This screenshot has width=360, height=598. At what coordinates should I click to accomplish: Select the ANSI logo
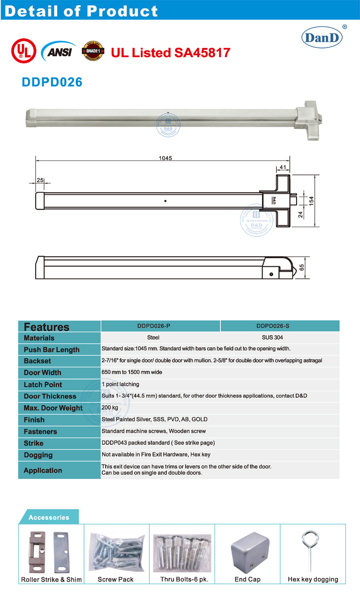tap(57, 50)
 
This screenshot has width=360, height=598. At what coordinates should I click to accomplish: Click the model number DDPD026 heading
tap(52, 82)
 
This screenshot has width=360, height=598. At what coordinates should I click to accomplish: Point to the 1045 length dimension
tap(165, 158)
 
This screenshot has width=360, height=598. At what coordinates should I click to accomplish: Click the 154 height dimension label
tap(311, 201)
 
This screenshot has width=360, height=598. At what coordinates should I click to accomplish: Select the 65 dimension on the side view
tap(301, 267)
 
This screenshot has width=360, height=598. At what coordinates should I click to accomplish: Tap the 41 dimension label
tap(282, 167)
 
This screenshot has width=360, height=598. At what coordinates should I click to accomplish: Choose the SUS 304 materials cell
tap(272, 337)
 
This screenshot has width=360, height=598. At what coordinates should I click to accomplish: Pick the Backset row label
tap(37, 361)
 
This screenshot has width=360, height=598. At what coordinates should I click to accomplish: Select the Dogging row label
tap(38, 455)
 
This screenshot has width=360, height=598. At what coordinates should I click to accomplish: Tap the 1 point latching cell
tap(120, 384)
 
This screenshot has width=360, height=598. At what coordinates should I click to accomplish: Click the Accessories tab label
tap(48, 517)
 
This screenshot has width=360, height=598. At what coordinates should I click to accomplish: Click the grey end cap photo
tap(248, 550)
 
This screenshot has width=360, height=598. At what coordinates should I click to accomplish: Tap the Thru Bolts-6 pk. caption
tap(184, 579)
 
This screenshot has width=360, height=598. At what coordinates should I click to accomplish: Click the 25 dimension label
tap(40, 180)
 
